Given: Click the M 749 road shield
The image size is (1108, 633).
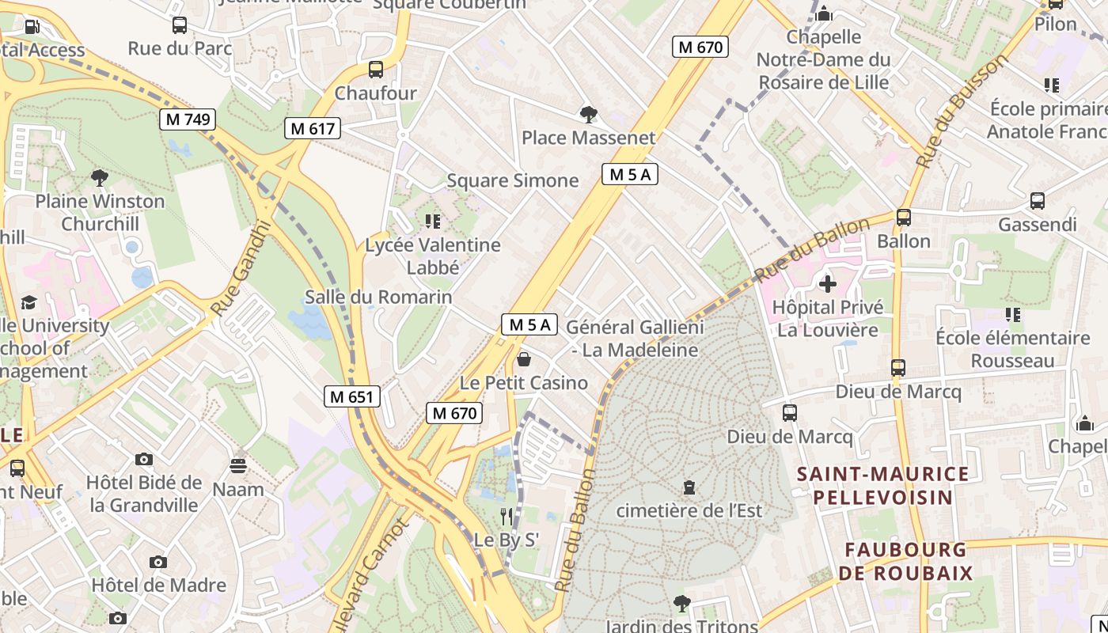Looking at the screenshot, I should tap(188, 119).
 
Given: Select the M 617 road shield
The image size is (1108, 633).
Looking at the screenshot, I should tap(313, 128).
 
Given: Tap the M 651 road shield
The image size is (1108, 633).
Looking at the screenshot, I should tap(352, 396).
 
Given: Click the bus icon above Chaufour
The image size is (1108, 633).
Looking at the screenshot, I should tap(376, 70).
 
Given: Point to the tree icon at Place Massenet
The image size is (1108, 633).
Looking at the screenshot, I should tap(588, 115).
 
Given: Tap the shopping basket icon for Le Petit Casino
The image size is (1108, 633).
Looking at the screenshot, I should tap(523, 360).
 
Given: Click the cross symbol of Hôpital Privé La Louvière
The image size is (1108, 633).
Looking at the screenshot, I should tap(828, 283).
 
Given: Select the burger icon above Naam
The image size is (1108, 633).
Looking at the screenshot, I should tap(238, 465).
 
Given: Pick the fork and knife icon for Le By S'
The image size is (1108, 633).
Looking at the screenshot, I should tap(507, 517).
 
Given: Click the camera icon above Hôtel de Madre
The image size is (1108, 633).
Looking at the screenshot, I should tap(158, 562).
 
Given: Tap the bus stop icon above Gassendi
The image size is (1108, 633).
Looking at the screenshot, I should tap(1037, 201).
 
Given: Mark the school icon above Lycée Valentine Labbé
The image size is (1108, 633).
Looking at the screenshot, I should tap(432, 221).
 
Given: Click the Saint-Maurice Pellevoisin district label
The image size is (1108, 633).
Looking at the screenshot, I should tap(882, 486).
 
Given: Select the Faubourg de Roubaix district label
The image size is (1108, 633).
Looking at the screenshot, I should tap(905, 561).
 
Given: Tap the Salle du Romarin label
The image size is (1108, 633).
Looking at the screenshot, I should tap(378, 298).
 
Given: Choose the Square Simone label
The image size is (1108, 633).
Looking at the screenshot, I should tap(513, 180).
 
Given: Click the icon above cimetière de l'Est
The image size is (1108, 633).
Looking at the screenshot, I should tap(689, 487).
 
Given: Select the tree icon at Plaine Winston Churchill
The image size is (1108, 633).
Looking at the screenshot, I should tap(100, 177).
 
